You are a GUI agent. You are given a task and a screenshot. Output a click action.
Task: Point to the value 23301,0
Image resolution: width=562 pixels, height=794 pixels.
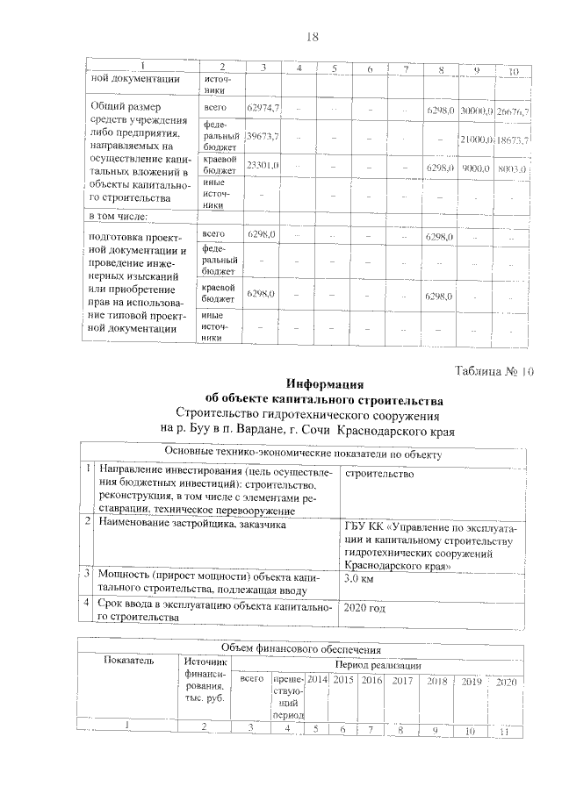coord(263,165)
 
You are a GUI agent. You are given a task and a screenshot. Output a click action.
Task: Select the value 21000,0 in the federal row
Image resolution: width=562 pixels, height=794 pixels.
coord(476,139)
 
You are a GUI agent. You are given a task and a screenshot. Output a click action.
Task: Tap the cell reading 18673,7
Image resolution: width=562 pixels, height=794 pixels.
coord(512,140)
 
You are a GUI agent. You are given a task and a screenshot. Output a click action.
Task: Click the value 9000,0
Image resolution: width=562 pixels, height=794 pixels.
coord(477,168)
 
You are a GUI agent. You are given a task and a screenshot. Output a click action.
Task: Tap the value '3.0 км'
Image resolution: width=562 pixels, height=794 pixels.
coord(361,580)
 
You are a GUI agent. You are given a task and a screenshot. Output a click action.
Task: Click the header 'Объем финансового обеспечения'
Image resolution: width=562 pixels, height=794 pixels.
coord(300,649)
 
